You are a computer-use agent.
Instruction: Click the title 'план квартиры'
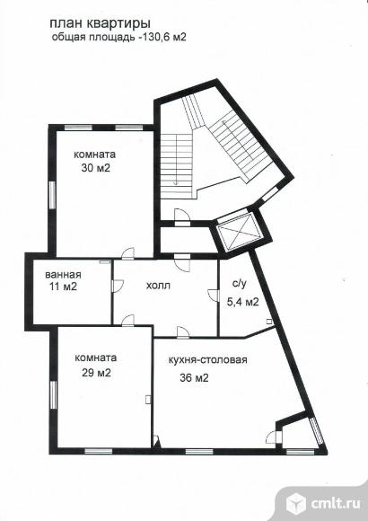pyautogui.click(x=100, y=24)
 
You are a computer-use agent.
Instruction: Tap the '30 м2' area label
pyautogui.click(x=96, y=168)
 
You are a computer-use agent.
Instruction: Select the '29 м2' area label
pyautogui.click(x=96, y=373)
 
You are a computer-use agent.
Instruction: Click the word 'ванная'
pyautogui.click(x=63, y=275)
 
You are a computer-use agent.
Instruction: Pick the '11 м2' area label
pyautogui.click(x=64, y=287)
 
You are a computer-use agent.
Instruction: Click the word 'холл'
pyautogui.click(x=158, y=285)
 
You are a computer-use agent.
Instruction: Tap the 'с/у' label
pyautogui.click(x=239, y=284)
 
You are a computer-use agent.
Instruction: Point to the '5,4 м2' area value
pyautogui.click(x=242, y=302)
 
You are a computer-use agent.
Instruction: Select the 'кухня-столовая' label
pyautogui.click(x=208, y=360)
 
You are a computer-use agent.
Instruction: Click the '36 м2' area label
pyautogui.click(x=194, y=378)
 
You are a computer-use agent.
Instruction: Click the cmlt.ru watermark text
pyautogui.click(x=336, y=503)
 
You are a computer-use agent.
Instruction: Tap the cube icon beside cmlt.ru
pyautogui.click(x=296, y=503)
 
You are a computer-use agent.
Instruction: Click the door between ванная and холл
pyautogui.click(x=117, y=286)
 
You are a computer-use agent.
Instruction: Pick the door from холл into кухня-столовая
pyautogui.click(x=183, y=332)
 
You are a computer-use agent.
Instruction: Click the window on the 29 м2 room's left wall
pyautogui.click(x=53, y=394)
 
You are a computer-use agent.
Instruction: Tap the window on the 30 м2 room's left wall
pyautogui.click(x=52, y=195)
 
